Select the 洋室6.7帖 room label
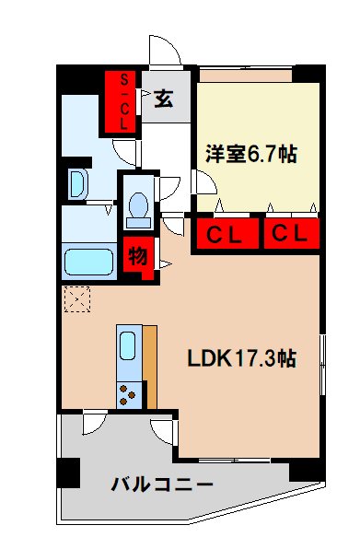pyautogui.click(x=250, y=154)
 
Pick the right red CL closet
pyautogui.click(x=288, y=235)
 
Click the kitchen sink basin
pyautogui.click(x=129, y=346)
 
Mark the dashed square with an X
pyautogui.click(x=75, y=299)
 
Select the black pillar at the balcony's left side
pyautogui.click(x=66, y=473)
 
